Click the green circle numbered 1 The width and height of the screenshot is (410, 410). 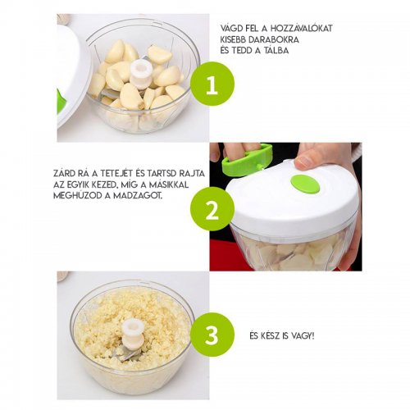pyautogui.click(x=212, y=84)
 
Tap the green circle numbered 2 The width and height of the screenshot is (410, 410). pyautogui.click(x=212, y=209)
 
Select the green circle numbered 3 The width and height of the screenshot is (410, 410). pyautogui.click(x=212, y=335)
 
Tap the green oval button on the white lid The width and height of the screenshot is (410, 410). pyautogui.click(x=305, y=184)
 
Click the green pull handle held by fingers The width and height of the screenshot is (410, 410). pyautogui.click(x=247, y=159)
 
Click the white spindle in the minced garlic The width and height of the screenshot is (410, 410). pyautogui.click(x=133, y=335)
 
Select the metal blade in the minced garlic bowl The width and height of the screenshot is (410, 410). pyautogui.click(x=127, y=353)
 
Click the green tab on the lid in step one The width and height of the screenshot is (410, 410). pyautogui.click(x=61, y=101)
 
